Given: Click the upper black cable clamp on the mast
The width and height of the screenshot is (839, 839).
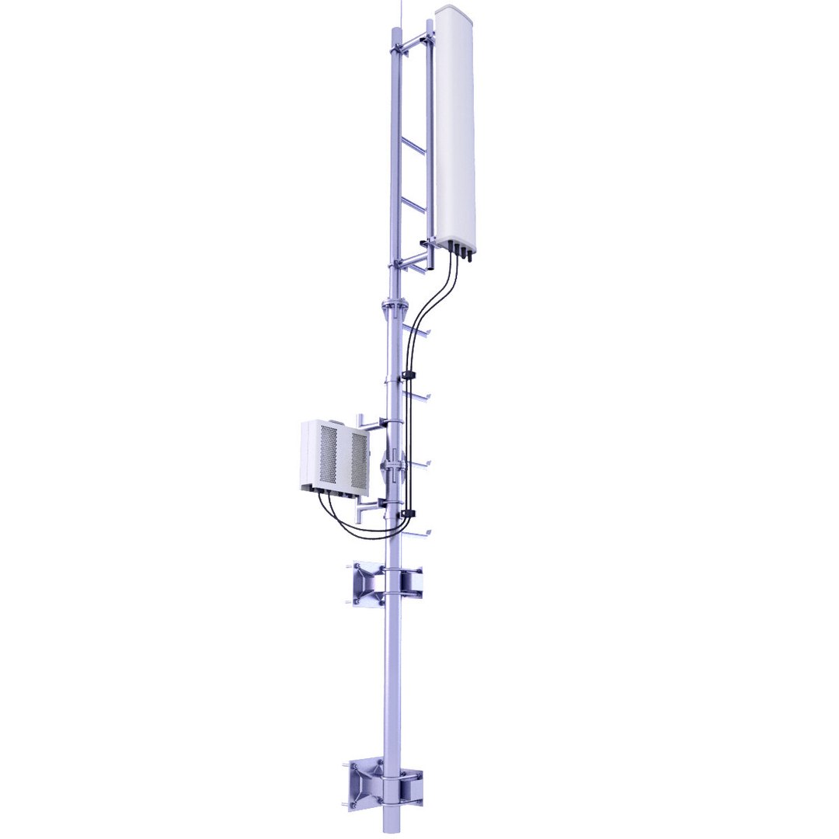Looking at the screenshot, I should [408, 376].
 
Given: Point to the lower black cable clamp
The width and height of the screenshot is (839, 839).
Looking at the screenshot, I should [407, 513].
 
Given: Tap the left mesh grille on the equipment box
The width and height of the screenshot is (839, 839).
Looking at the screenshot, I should [329, 455].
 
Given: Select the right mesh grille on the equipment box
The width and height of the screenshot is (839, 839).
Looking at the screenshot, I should [357, 460].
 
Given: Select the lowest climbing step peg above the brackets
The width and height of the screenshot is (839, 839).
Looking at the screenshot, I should [419, 533].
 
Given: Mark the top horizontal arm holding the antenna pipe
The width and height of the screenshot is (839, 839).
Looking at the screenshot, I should [412, 38].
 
